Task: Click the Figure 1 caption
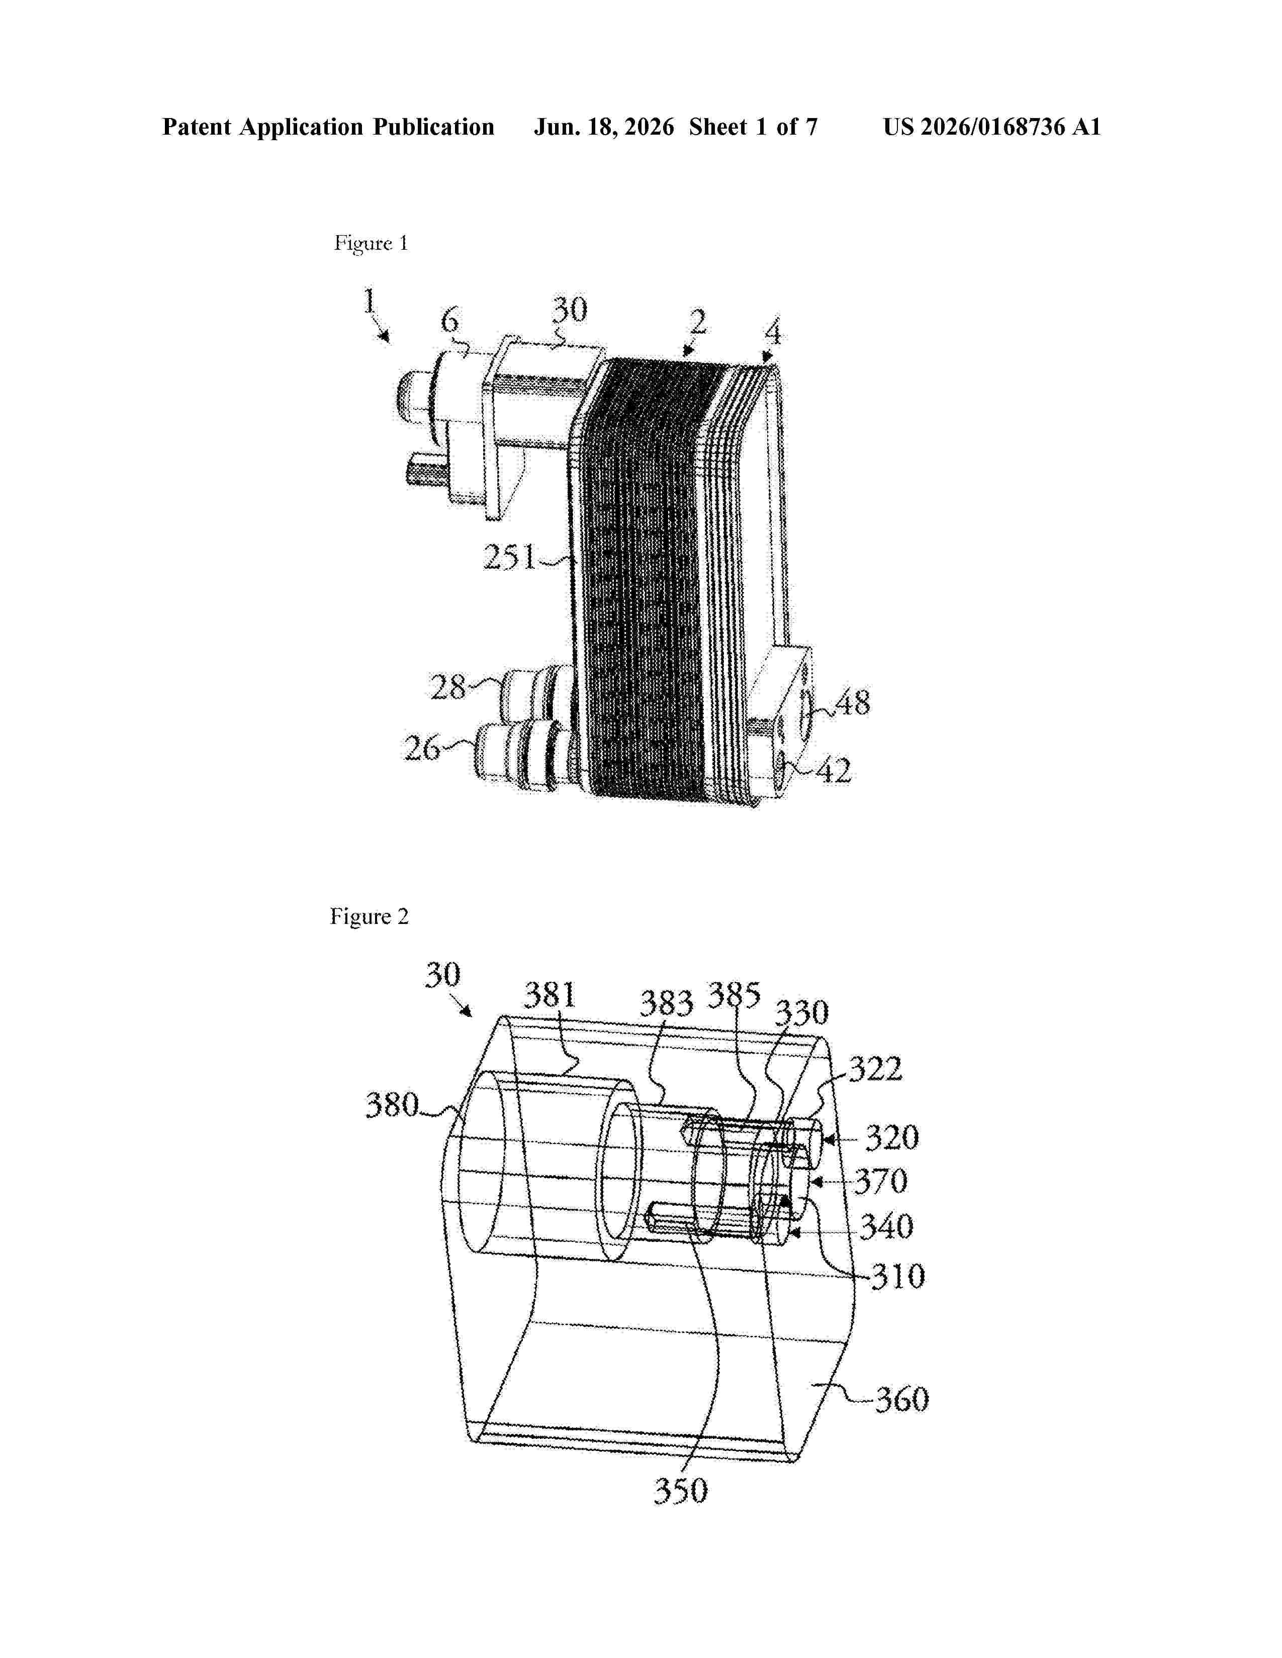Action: click(372, 244)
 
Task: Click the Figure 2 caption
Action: click(369, 917)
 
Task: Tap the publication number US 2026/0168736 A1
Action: click(992, 127)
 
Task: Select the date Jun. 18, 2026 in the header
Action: click(604, 127)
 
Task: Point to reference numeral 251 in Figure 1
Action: click(510, 559)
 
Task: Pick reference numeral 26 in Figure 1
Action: click(421, 749)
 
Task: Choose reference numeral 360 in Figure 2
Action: click(902, 1399)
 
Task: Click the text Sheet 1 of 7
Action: click(754, 127)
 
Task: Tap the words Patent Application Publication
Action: click(328, 127)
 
